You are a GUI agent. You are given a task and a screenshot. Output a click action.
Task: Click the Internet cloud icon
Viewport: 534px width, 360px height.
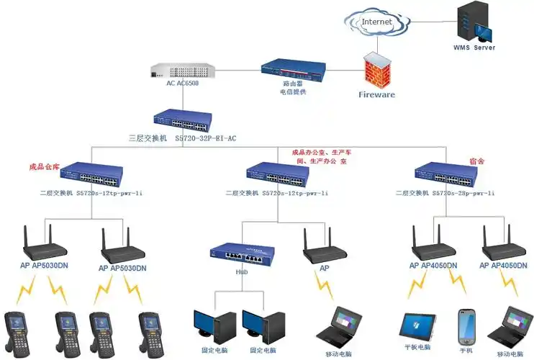click(376, 23)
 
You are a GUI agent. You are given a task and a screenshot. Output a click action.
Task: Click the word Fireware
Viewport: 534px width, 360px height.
click(377, 95)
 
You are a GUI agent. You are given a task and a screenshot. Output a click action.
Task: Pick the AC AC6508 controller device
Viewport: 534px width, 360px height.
click(183, 71)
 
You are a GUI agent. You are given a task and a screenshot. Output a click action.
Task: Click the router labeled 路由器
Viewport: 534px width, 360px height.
click(294, 69)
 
